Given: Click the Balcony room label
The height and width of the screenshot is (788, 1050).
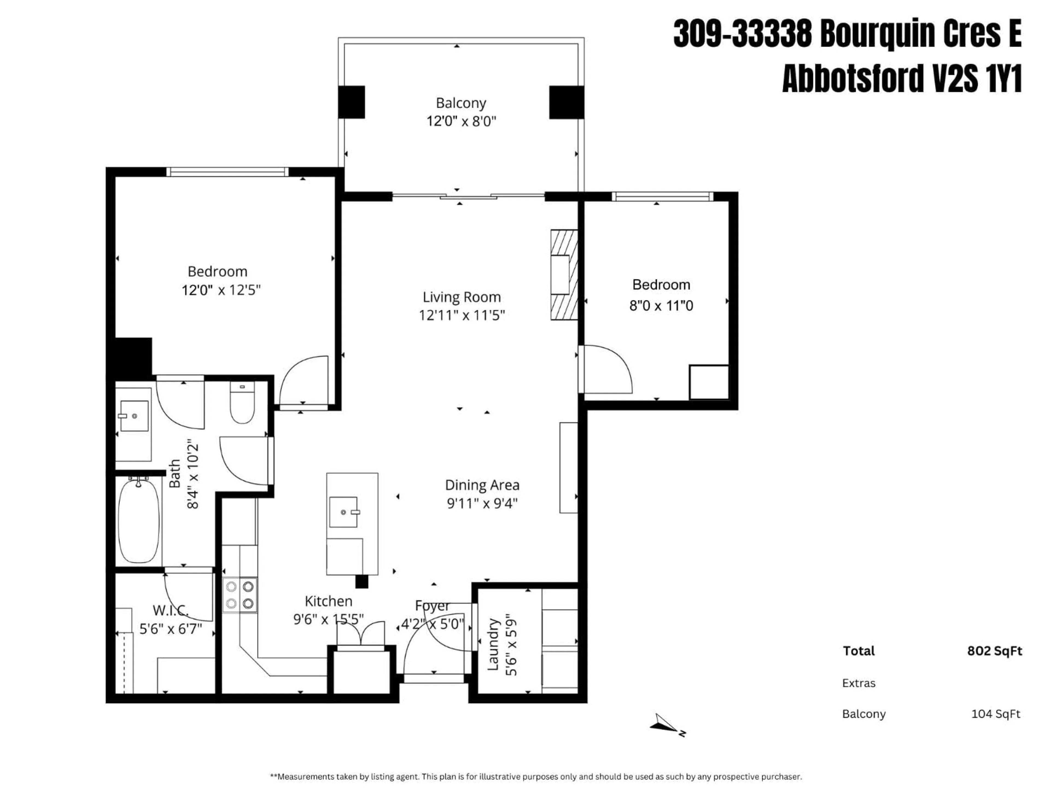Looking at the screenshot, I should coord(461,103).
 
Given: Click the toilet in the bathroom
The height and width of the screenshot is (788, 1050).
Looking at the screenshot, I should coord(242,403).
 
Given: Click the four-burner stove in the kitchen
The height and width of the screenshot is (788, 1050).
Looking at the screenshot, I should coord(240,595).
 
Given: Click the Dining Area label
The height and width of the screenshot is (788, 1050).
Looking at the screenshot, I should coord(482,485).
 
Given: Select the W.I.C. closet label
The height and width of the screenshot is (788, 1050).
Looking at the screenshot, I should coord(170,610).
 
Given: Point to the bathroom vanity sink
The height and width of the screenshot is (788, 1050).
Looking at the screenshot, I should coord(134,416).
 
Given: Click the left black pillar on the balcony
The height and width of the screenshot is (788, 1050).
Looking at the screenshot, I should coord(352,102).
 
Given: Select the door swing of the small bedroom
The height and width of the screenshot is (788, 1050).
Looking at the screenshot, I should coord(608,370).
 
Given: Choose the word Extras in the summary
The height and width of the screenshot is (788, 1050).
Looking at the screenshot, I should coord(859,683).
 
